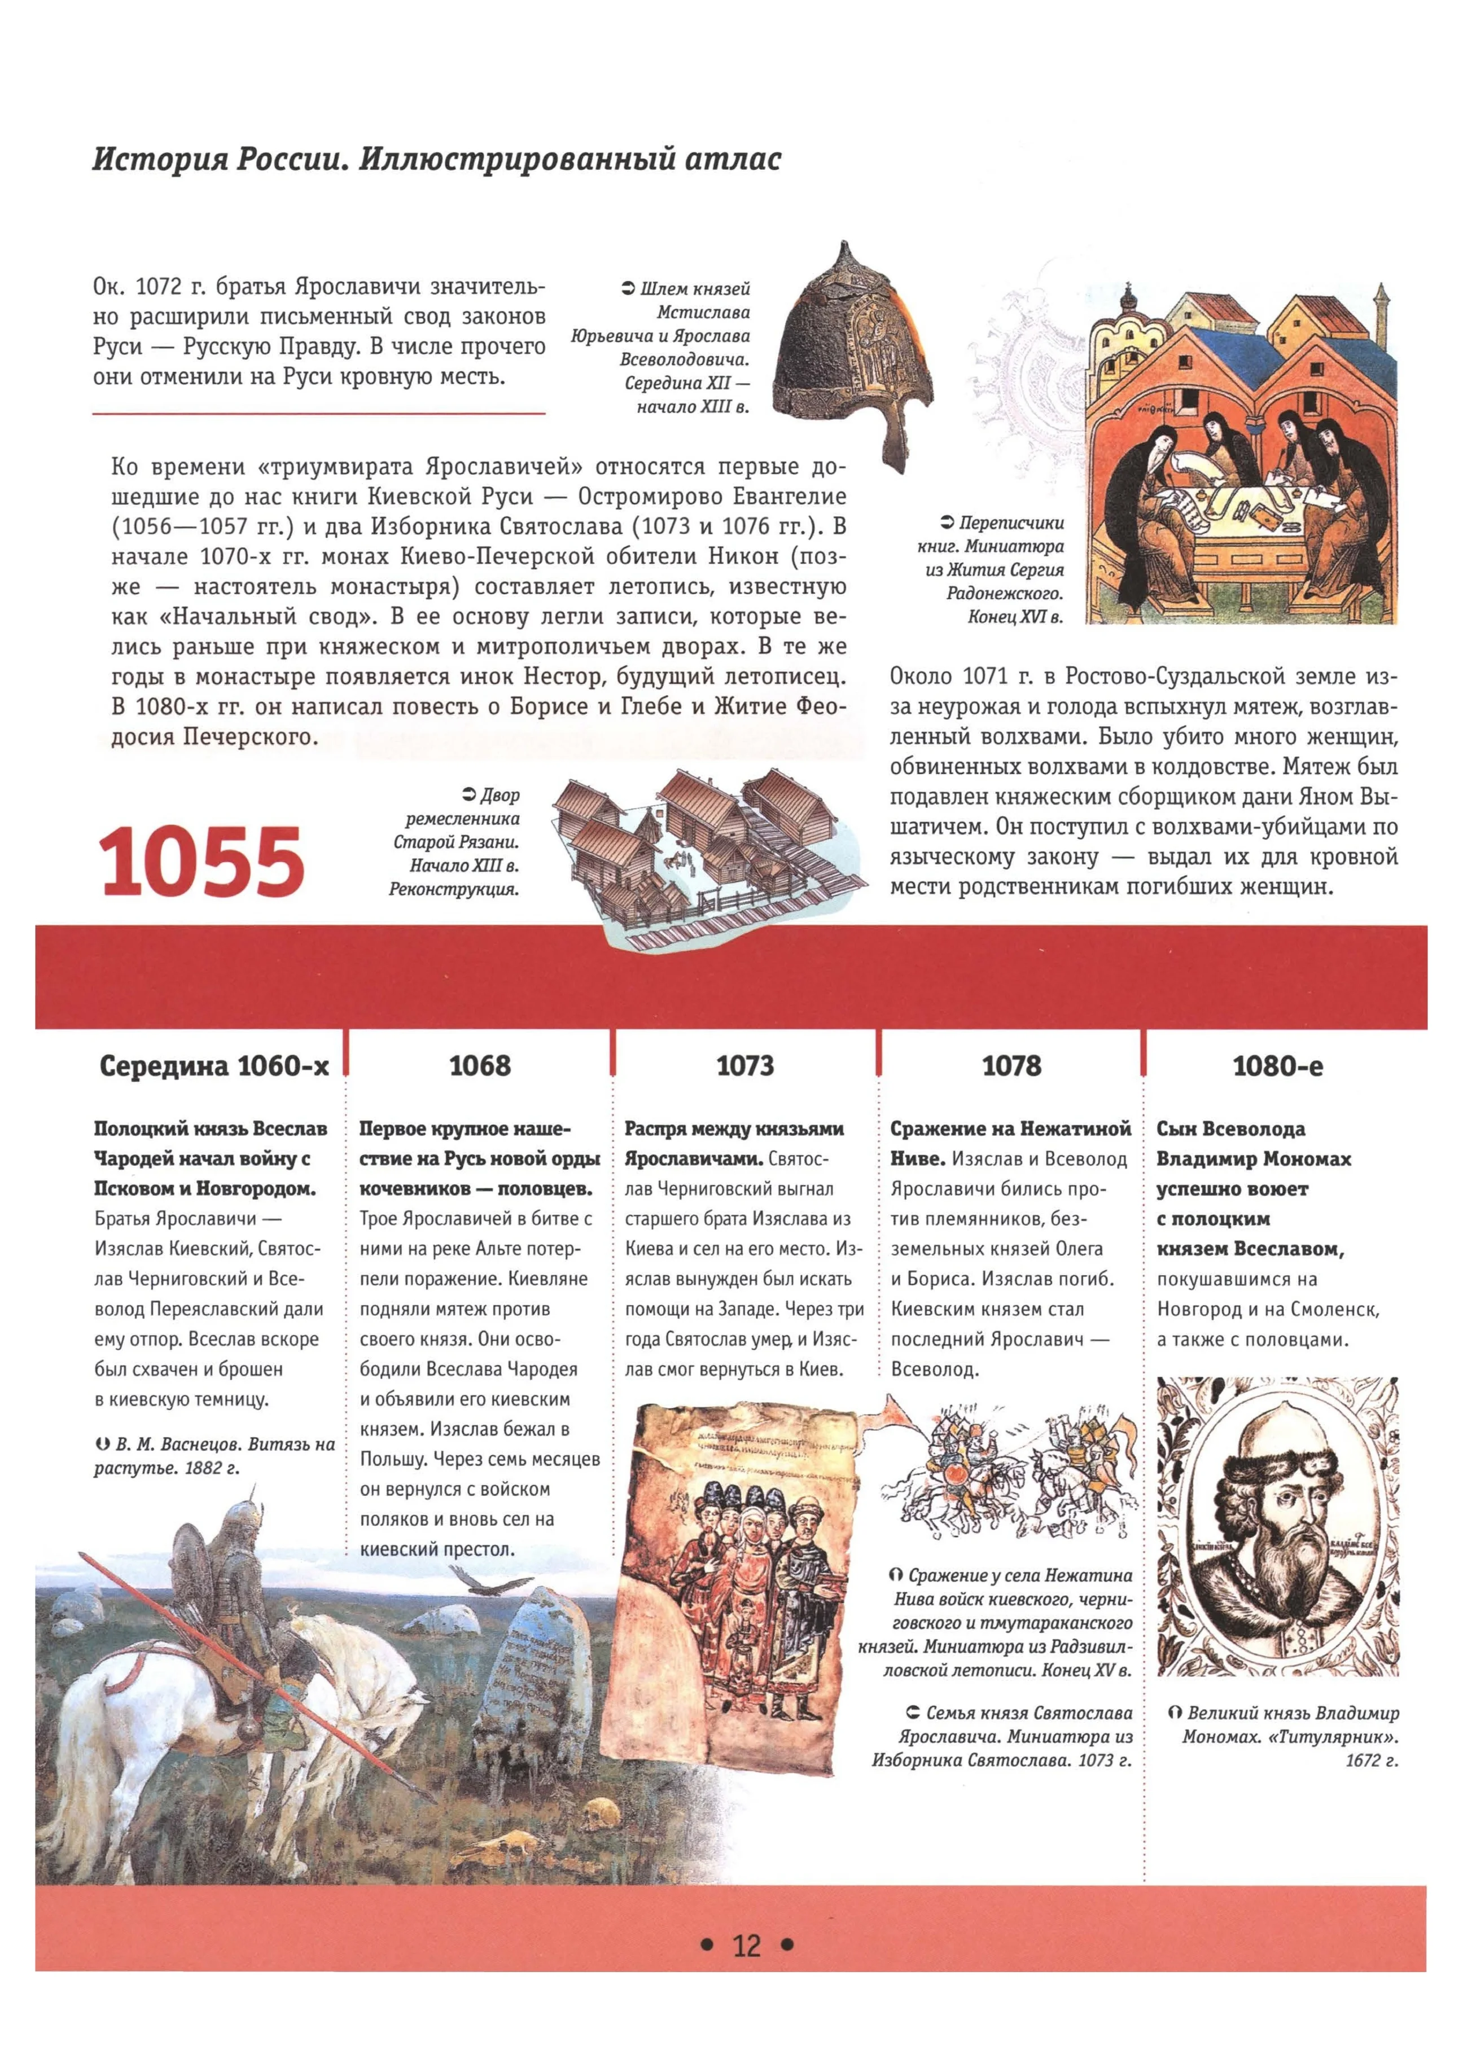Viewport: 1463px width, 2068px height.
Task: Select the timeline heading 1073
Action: (745, 1065)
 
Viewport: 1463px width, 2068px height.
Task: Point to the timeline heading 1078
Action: (1011, 1065)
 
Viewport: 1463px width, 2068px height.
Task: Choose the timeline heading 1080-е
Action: (1277, 1065)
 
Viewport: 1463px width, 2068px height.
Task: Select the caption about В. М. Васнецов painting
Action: (214, 1456)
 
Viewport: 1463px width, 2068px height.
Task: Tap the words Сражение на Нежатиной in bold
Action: (1010, 1129)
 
